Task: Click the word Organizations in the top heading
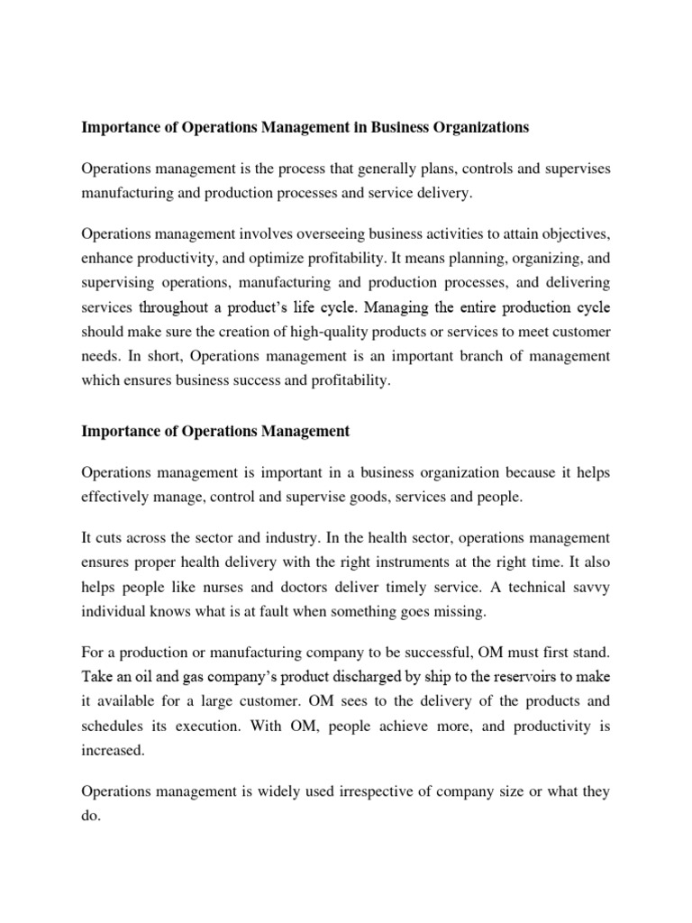(x=474, y=128)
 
